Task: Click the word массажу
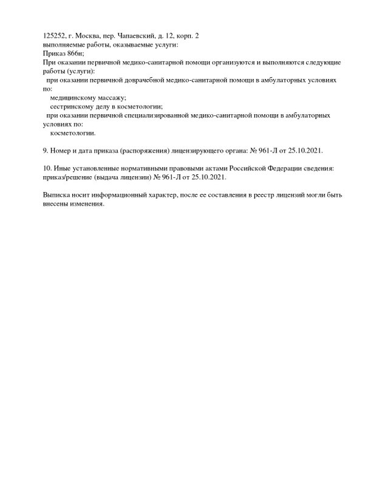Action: [x=107, y=97]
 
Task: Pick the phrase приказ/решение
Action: [x=67, y=176]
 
